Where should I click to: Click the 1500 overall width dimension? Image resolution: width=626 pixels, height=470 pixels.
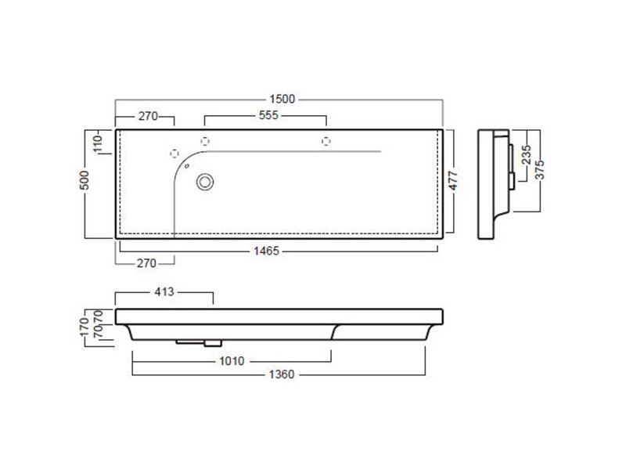282,99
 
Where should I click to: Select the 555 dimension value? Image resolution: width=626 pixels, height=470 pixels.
268,115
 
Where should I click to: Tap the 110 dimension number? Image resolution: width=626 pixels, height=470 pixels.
98,143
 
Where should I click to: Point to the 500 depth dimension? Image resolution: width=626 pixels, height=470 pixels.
85,180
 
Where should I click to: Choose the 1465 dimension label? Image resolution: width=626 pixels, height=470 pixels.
266,251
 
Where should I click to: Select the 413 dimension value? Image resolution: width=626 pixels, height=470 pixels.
164,291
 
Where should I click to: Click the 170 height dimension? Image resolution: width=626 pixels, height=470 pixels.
85,327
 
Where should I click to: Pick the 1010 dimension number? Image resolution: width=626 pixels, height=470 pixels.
232,361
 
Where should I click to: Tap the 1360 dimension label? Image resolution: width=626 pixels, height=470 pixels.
282,374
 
